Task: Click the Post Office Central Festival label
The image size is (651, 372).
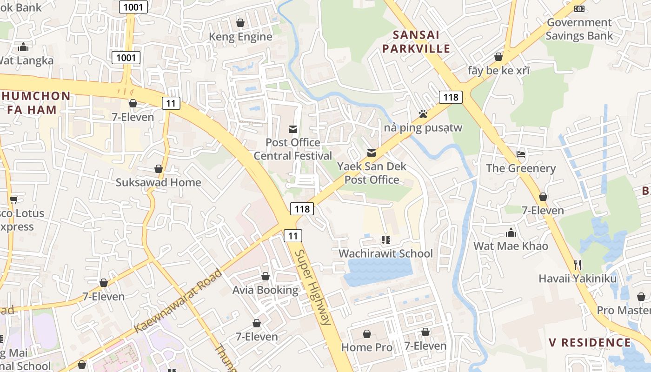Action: (x=293, y=149)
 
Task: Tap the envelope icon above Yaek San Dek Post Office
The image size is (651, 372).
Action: (x=372, y=153)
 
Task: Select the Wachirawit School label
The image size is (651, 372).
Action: (x=385, y=253)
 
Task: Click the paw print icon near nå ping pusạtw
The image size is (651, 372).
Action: (x=423, y=113)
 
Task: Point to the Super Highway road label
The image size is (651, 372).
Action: (x=313, y=287)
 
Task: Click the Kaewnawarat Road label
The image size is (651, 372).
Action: (x=178, y=301)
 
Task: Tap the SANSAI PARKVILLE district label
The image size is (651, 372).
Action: (x=421, y=41)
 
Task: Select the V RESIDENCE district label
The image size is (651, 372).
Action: (x=590, y=343)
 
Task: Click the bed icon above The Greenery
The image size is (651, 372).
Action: (x=521, y=154)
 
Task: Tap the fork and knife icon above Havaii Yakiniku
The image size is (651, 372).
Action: (x=578, y=265)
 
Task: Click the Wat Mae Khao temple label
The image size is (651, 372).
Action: (x=511, y=246)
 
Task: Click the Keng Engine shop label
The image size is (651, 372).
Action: (x=240, y=37)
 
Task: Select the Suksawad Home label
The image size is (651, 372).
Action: (x=158, y=182)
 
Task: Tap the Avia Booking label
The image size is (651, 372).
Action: (x=265, y=290)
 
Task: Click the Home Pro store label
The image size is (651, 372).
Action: (x=366, y=347)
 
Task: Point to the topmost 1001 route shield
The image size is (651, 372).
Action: (x=133, y=7)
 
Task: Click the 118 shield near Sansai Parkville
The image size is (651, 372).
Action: (x=451, y=97)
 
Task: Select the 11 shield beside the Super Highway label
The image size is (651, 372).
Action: (x=293, y=236)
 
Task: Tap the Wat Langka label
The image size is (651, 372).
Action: (x=27, y=60)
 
